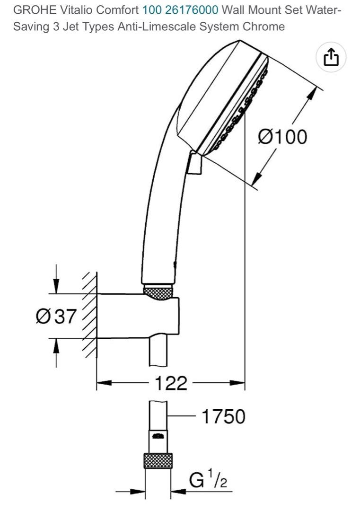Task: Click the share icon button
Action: coord(331,58)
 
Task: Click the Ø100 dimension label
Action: coord(282,137)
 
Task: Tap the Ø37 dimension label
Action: coord(56,316)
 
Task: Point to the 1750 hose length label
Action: coord(223,417)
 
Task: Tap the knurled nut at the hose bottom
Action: coord(158,460)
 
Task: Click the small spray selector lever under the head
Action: coord(194,164)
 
